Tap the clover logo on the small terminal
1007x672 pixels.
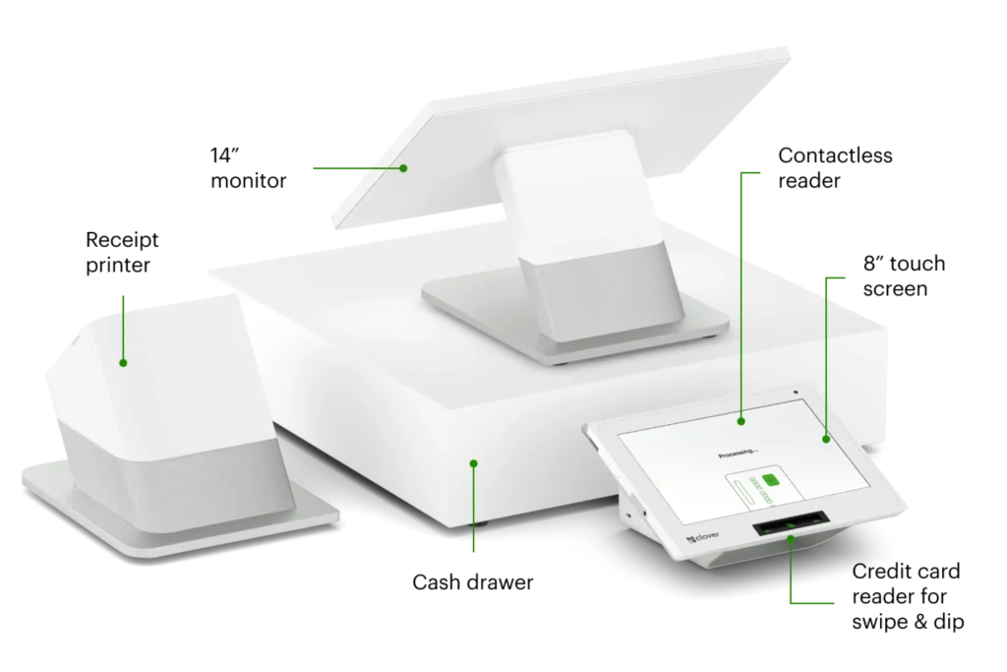coord(704,538)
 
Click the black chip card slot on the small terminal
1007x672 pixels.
coord(789,529)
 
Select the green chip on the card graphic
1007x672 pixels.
coord(772,479)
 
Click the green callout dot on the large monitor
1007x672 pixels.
coord(403,168)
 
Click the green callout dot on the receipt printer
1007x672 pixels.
coord(123,363)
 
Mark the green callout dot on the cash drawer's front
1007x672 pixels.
coord(473,462)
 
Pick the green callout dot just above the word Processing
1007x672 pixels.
coord(741,421)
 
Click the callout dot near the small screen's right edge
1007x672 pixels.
coord(825,439)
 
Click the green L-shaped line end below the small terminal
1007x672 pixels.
coord(816,601)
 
